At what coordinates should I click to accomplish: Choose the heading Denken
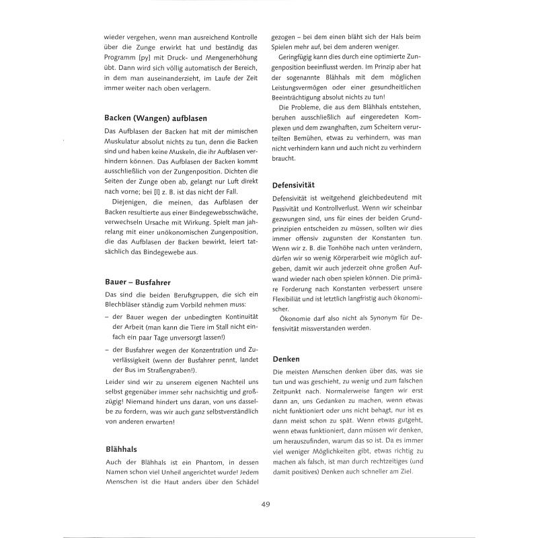click(286, 360)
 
